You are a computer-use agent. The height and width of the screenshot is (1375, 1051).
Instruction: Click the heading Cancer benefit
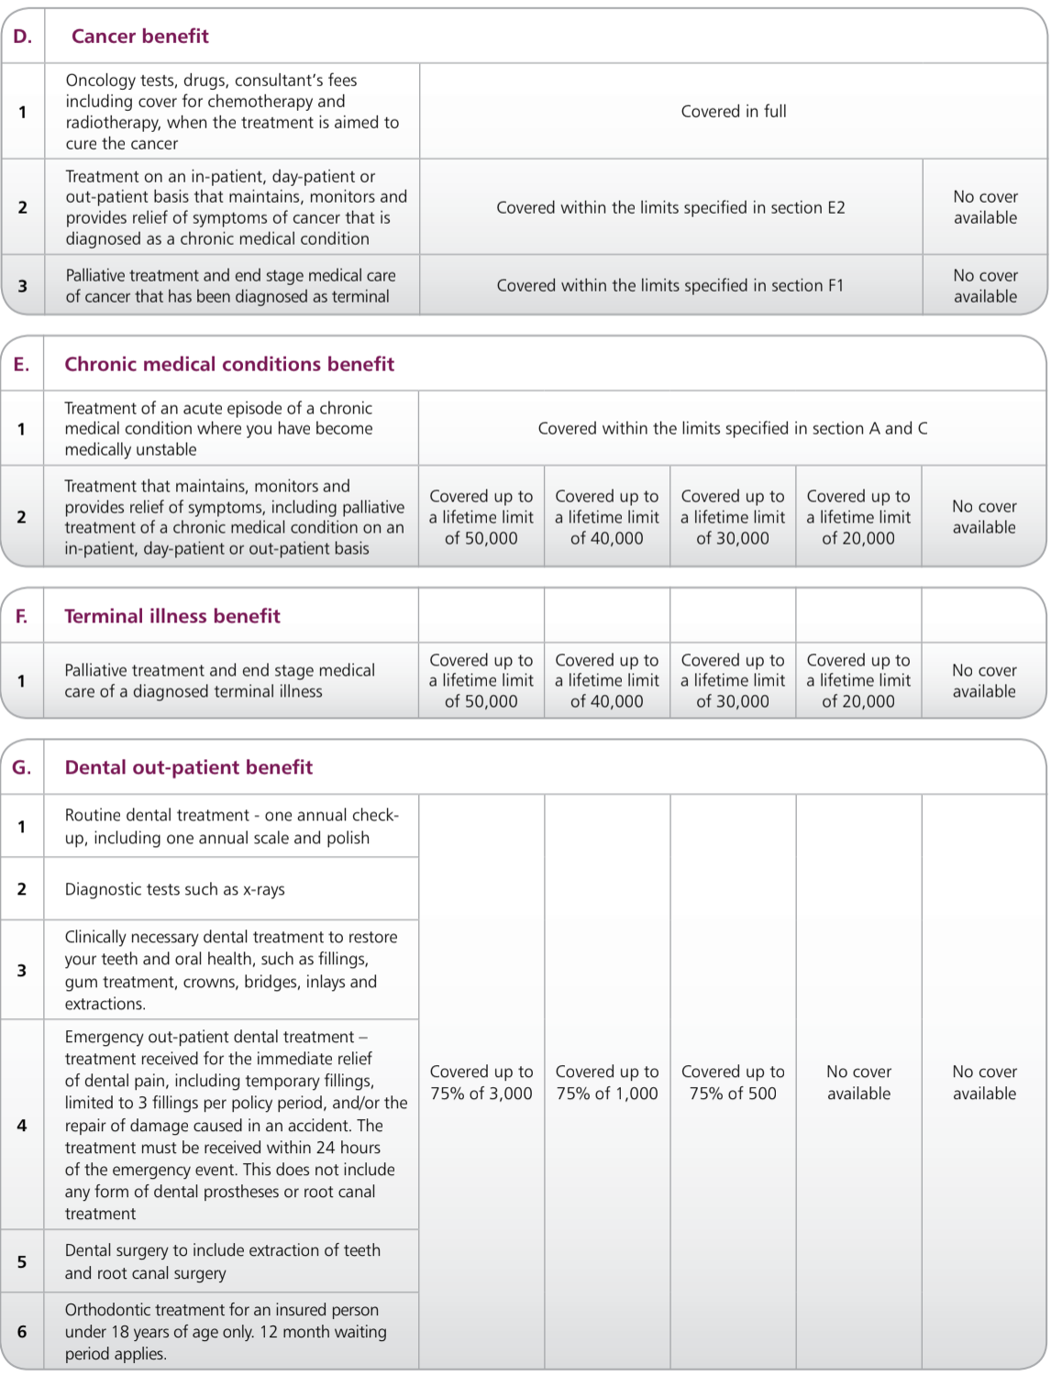pyautogui.click(x=139, y=37)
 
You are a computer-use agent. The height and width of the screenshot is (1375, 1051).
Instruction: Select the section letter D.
pyautogui.click(x=22, y=37)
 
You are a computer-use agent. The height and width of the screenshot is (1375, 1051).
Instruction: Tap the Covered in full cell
pyautogui.click(x=733, y=112)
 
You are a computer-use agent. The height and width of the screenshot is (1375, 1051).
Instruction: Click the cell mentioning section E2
pyautogui.click(x=670, y=208)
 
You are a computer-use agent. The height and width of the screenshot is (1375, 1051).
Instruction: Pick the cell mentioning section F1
pyautogui.click(x=669, y=286)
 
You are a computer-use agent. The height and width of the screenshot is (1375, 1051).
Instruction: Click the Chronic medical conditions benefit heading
pyautogui.click(x=229, y=364)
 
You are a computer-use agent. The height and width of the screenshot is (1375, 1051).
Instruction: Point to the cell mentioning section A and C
pyautogui.click(x=732, y=428)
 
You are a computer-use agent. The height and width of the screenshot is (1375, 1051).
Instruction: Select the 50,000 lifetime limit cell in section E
pyautogui.click(x=481, y=517)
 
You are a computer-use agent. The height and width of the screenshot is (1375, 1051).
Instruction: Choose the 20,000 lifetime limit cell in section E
pyautogui.click(x=858, y=517)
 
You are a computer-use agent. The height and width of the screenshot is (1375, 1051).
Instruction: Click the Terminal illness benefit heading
pyautogui.click(x=172, y=616)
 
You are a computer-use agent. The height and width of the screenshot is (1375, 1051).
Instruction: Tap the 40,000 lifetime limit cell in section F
pyautogui.click(x=606, y=681)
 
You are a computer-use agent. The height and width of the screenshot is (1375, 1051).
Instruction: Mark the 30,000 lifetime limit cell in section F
pyautogui.click(x=733, y=681)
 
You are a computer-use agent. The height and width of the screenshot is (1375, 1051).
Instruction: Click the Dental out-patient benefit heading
pyautogui.click(x=188, y=767)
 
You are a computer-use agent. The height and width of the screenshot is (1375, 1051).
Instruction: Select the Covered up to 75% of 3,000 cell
pyautogui.click(x=481, y=1083)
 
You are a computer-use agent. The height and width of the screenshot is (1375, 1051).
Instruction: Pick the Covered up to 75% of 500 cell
pyautogui.click(x=733, y=1083)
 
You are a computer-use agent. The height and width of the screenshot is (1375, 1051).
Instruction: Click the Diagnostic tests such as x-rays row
pyautogui.click(x=174, y=889)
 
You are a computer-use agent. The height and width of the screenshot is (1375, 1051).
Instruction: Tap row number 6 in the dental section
pyautogui.click(x=22, y=1332)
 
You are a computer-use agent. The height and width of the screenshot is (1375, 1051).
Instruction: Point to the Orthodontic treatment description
pyautogui.click(x=226, y=1332)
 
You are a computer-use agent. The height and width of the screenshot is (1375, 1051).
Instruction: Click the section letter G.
pyautogui.click(x=21, y=767)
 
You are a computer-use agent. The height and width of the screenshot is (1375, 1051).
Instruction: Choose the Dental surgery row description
pyautogui.click(x=222, y=1261)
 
